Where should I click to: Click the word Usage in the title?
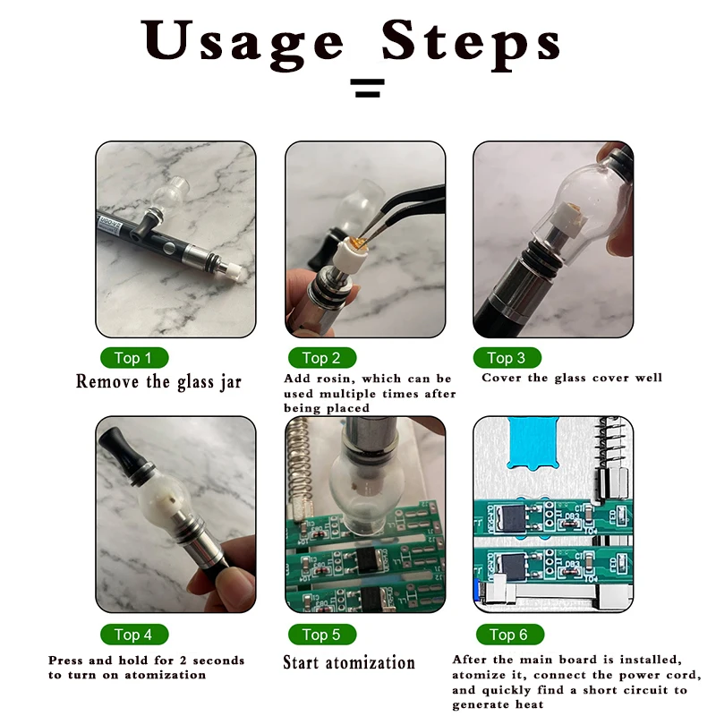click(243, 43)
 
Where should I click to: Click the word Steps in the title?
click(472, 43)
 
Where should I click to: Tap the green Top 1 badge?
click(134, 357)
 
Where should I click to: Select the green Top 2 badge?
click(322, 357)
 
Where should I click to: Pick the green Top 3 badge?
click(507, 357)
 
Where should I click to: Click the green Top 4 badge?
click(134, 635)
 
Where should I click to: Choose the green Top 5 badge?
click(322, 635)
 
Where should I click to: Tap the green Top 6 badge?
click(509, 635)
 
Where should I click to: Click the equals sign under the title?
click(367, 88)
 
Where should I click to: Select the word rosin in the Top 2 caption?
click(337, 379)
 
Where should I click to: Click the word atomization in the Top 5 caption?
click(370, 662)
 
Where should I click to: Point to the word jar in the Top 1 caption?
click(231, 382)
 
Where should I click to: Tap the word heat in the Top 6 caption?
click(529, 704)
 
